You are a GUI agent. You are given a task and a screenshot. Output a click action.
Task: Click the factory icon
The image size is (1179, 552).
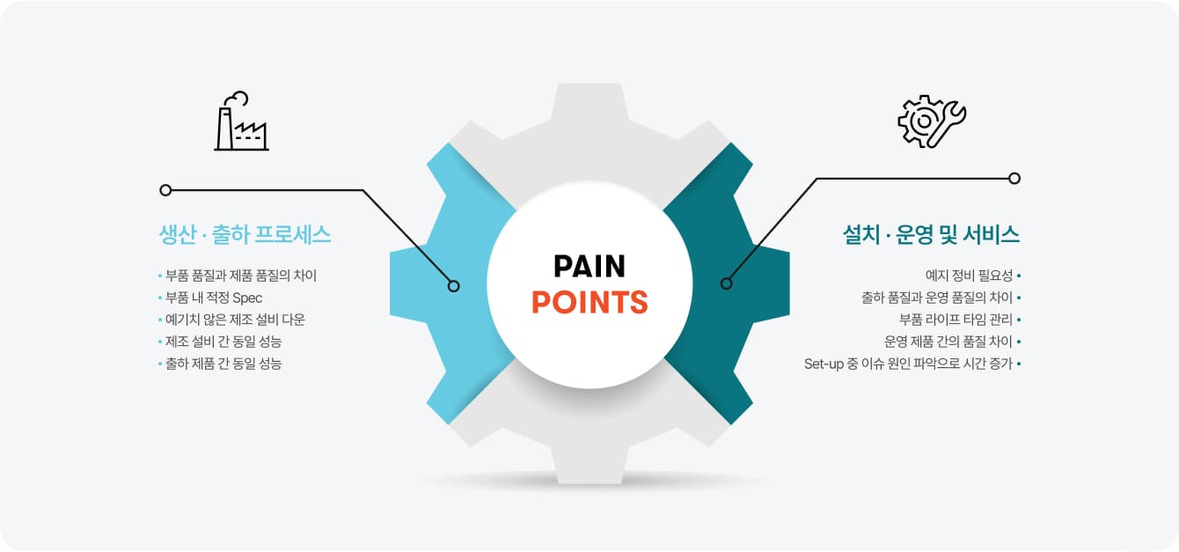(241, 121)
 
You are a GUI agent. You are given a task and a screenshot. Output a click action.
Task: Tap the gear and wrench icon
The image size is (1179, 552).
(932, 121)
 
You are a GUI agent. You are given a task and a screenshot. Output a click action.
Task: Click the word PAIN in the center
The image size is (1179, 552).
(589, 267)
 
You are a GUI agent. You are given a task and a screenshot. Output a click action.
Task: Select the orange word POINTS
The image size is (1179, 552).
(589, 302)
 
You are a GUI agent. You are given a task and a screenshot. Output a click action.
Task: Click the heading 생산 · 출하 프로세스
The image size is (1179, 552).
(245, 234)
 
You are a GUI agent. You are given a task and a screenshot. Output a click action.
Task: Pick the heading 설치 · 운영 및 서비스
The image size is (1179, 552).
(931, 234)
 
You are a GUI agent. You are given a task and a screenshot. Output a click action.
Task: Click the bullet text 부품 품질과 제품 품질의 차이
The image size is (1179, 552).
(241, 276)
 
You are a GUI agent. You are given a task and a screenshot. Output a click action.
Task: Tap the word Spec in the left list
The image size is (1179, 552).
(247, 298)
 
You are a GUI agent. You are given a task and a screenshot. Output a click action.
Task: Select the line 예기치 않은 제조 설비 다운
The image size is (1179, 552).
(235, 320)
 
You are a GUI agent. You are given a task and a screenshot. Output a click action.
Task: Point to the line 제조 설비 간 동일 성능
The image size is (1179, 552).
(223, 342)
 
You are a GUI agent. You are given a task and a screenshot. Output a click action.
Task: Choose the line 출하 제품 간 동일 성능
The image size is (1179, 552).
(223, 364)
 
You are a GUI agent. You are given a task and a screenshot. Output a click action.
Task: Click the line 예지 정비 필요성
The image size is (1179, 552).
(969, 276)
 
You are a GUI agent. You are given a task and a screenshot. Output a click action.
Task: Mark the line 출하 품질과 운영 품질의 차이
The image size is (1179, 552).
(937, 298)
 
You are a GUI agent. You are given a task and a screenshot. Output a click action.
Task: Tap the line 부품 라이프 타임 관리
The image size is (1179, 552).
(956, 320)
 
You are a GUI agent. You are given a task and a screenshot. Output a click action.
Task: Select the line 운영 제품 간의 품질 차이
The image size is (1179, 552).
(948, 342)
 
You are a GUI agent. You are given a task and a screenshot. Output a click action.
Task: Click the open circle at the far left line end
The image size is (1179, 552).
(165, 190)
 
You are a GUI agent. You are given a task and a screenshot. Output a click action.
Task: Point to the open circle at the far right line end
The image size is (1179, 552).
(1014, 178)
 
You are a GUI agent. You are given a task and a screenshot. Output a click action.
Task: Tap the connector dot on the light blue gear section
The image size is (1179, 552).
(453, 286)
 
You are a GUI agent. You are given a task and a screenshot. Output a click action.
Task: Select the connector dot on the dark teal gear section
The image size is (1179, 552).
(727, 283)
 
